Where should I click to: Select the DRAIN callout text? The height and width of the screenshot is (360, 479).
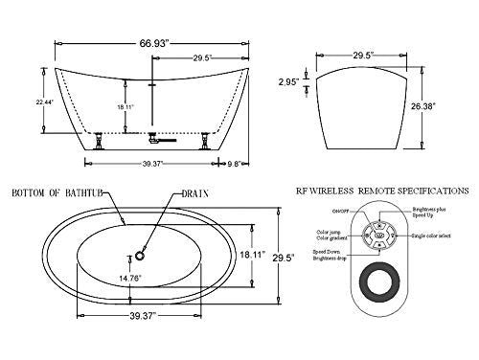tap(193, 193)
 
